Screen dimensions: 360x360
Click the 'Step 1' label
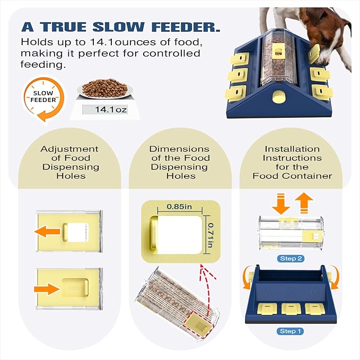[x=291, y=331]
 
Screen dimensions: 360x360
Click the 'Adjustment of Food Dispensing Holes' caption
[x=70, y=162]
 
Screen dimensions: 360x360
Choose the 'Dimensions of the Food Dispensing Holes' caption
[x=179, y=162]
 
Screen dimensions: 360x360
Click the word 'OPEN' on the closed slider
[x=74, y=288]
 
